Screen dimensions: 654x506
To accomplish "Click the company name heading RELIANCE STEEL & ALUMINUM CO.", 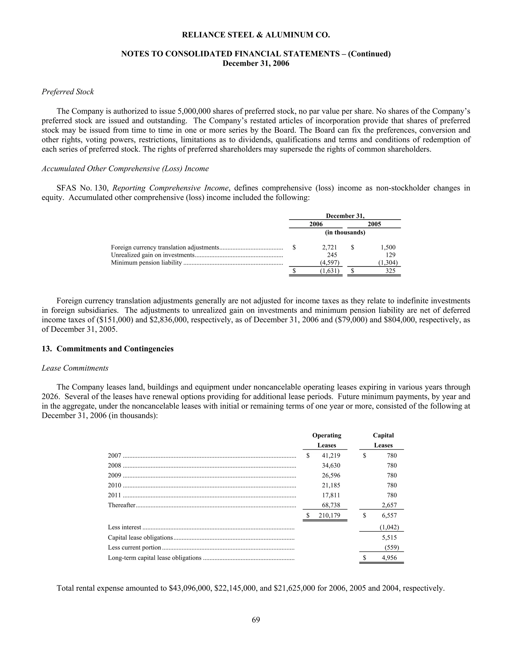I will [256, 35].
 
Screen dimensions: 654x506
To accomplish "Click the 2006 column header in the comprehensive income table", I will [316, 224].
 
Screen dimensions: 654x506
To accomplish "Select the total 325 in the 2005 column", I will [390, 271].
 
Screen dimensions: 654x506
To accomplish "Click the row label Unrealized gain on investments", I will [153, 255].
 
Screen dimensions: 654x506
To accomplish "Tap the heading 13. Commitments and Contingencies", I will [108, 349].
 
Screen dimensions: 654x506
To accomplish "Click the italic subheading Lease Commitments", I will [75, 368].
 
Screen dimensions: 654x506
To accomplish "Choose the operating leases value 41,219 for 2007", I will [331, 456].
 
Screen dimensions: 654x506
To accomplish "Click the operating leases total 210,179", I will [329, 516].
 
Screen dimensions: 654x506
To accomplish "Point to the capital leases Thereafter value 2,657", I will [389, 505].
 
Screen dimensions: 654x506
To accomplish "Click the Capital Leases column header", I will [383, 440].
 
